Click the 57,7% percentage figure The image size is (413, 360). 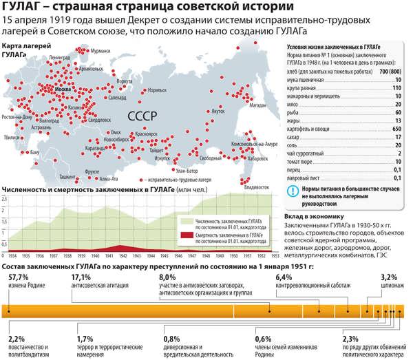(18, 277)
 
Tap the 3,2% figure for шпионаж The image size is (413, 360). (389, 277)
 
